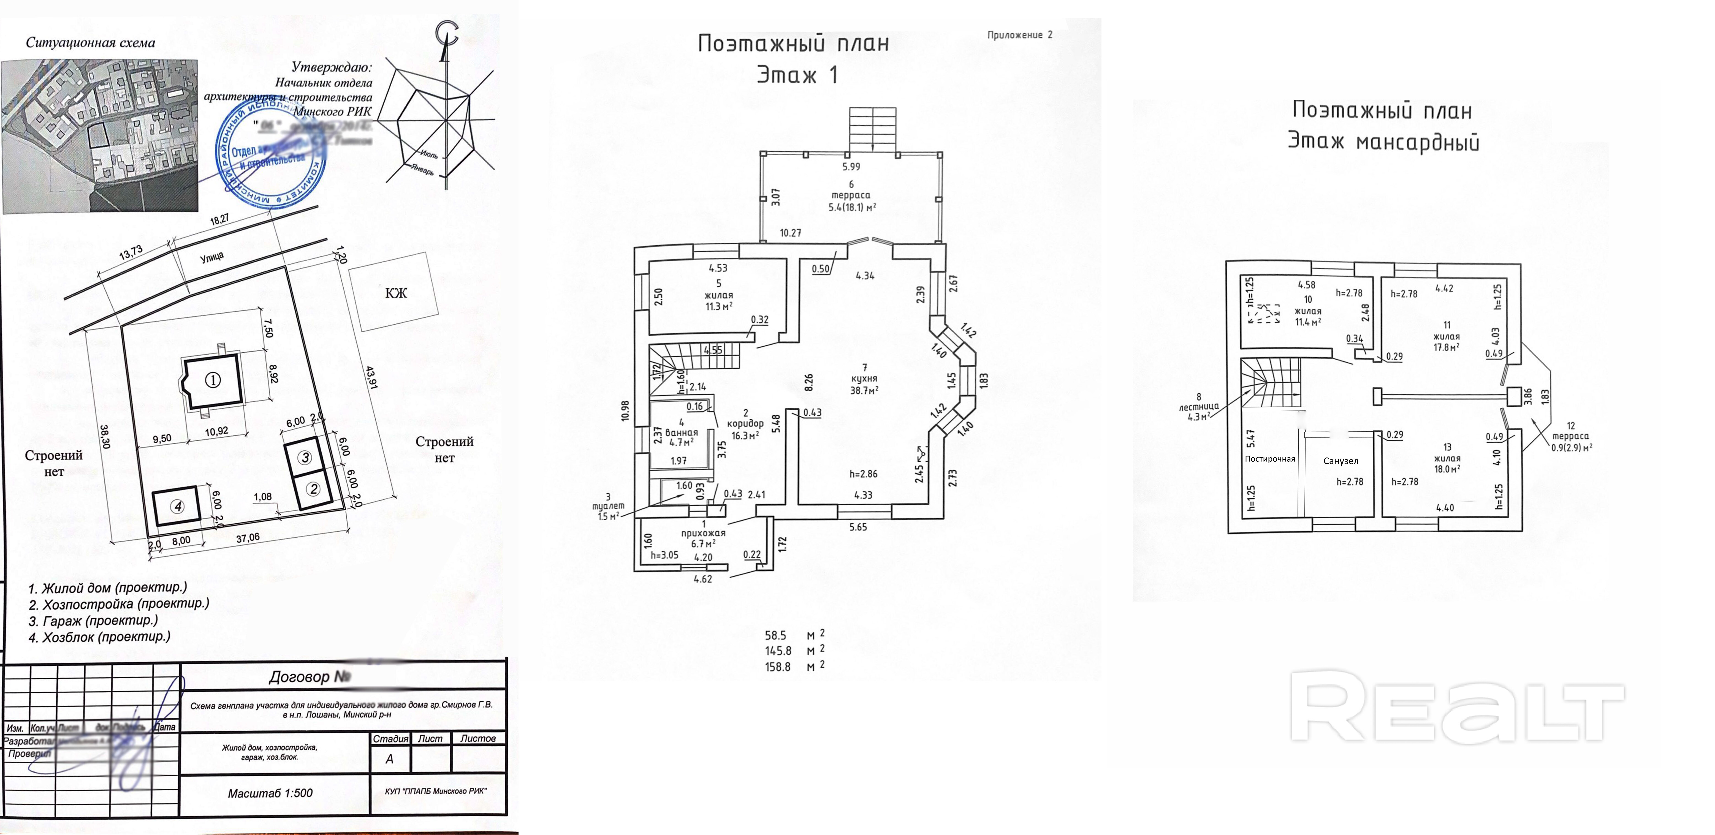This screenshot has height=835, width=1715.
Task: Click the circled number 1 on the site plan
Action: pos(212,380)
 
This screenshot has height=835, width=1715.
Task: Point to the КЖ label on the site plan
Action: pos(395,293)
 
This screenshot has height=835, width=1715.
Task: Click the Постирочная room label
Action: pos(1270,459)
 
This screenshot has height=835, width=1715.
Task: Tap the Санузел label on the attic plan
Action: pos(1340,461)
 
